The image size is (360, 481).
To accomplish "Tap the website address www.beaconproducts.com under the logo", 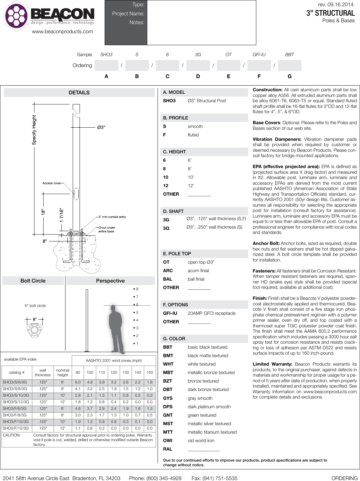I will tap(62, 31).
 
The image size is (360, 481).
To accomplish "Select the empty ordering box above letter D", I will tap(198, 65).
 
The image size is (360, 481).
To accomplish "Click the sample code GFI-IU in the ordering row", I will tap(259, 55).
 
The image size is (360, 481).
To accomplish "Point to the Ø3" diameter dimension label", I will tap(101, 127).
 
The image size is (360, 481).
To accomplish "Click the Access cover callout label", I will tap(52, 183).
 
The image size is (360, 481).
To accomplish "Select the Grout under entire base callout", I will tap(107, 230).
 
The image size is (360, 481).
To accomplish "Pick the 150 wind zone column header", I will tap(150, 373).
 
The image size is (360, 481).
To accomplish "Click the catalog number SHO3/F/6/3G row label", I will tap(15, 409).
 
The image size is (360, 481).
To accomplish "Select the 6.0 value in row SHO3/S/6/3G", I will tap(78, 382).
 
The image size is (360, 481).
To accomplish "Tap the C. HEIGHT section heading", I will tap(175, 152).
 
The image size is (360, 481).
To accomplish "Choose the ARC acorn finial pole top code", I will tap(168, 271).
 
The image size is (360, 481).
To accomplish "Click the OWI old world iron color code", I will tap(168, 441).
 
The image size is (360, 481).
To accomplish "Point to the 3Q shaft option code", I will tap(166, 228).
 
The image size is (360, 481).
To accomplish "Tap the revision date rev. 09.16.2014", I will tap(336, 4).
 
